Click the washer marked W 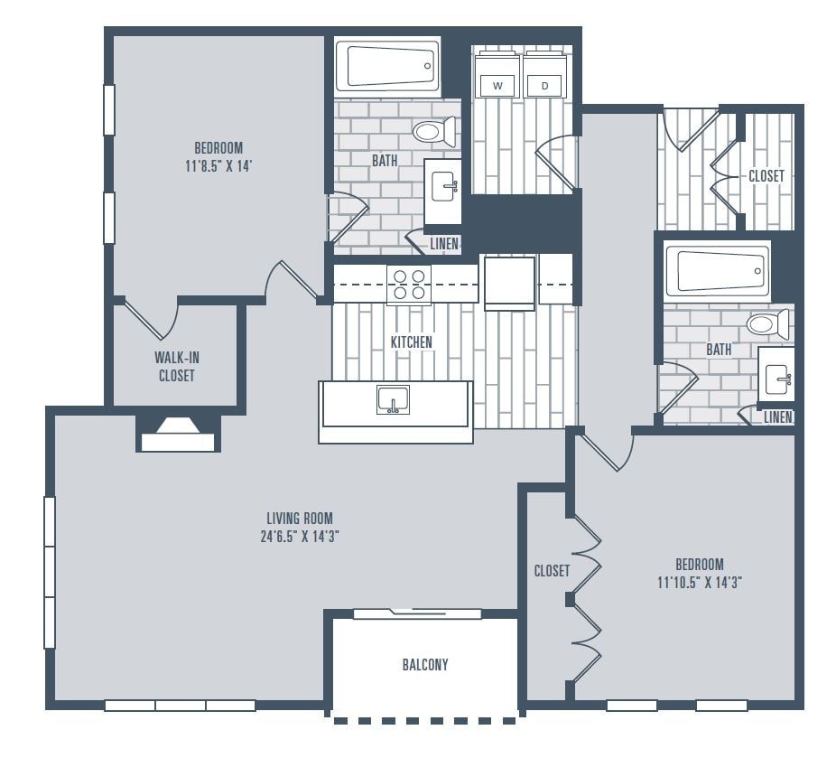click(x=497, y=85)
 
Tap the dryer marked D click(x=544, y=85)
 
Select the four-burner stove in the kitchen click(x=409, y=285)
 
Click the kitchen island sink click(x=393, y=398)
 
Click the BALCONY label click(x=424, y=665)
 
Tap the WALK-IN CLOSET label click(x=176, y=367)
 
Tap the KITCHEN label click(x=411, y=342)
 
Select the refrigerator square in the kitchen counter click(x=509, y=283)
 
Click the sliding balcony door click(x=416, y=614)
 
